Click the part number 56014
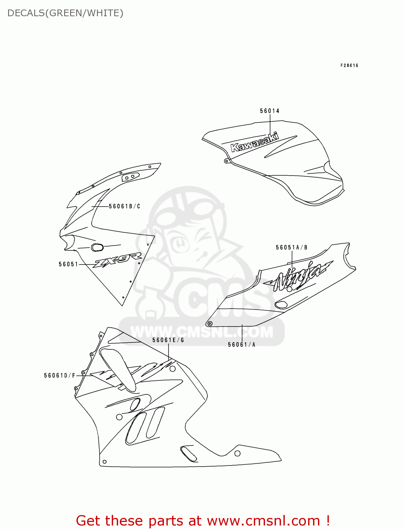pyautogui.click(x=270, y=111)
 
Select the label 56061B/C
pyautogui.click(x=124, y=206)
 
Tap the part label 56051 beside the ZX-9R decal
pyautogui.click(x=68, y=264)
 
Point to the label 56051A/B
pyautogui.click(x=292, y=248)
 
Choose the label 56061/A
pyautogui.click(x=241, y=345)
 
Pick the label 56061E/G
pyautogui.click(x=168, y=340)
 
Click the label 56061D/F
pyautogui.click(x=60, y=376)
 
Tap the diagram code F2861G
pyautogui.click(x=349, y=66)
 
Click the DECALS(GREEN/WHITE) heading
pyautogui.click(x=66, y=13)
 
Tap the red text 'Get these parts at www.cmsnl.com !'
pyautogui.click(x=203, y=521)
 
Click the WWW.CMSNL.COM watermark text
pyautogui.click(x=202, y=332)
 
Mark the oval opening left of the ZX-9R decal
pyautogui.click(x=97, y=247)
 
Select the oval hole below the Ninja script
pyautogui.click(x=281, y=305)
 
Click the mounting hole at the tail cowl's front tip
pyautogui.click(x=210, y=323)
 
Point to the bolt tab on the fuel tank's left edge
pyautogui.click(x=226, y=161)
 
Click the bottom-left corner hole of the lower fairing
pyautogui.click(x=104, y=462)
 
